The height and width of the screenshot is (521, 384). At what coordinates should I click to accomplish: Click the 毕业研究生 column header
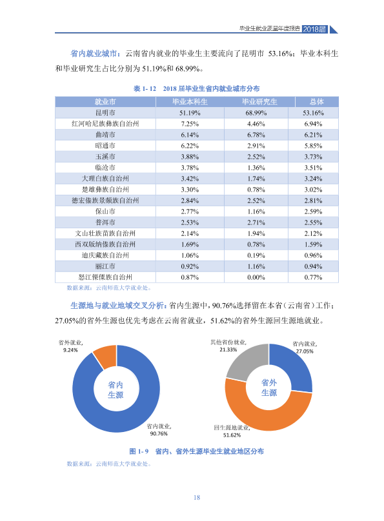(259, 102)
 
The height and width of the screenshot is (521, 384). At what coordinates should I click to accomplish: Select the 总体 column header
(316, 102)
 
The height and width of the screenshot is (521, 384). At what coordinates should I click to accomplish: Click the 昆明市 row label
(105, 113)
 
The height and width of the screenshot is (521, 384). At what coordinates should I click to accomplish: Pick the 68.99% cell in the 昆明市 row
(256, 113)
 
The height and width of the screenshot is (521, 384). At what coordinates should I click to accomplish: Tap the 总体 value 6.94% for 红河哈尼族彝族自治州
(313, 124)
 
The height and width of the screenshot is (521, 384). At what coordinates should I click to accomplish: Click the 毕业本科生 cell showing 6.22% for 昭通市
(190, 146)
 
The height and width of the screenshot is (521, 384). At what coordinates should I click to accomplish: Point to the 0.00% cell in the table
(256, 277)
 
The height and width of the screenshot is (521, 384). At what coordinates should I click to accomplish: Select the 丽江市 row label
(105, 266)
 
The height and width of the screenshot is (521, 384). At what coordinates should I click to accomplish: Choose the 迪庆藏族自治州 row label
(105, 255)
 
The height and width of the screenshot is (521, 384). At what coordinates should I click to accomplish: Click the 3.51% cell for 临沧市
(313, 168)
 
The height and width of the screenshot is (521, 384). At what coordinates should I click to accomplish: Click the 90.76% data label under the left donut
(159, 433)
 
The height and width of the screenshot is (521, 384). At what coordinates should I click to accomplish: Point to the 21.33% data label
(228, 349)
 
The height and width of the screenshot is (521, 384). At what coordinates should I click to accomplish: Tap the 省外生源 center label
(269, 388)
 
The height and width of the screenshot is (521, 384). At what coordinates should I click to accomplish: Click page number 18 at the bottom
(197, 497)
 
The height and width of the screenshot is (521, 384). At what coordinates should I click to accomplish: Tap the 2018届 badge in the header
(315, 29)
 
